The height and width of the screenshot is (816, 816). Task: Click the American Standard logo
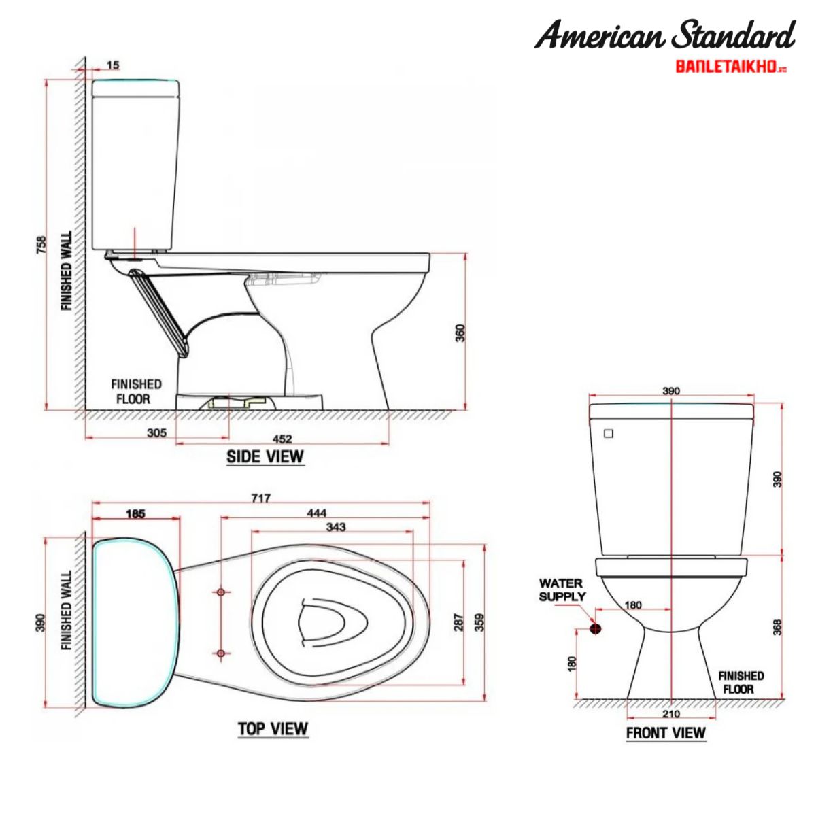(664, 35)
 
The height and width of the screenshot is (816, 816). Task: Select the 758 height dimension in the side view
(41, 245)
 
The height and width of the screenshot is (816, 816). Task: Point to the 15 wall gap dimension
(113, 65)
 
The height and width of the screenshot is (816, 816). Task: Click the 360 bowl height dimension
(460, 333)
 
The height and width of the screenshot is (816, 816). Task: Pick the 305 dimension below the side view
(156, 432)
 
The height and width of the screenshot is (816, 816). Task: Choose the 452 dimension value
(282, 439)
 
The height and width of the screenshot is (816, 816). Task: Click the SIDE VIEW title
(265, 456)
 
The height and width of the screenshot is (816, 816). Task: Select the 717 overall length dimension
(261, 498)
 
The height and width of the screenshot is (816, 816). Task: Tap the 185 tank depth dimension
(135, 514)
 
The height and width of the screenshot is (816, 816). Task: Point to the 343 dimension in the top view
(336, 526)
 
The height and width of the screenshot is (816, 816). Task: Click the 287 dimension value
(460, 622)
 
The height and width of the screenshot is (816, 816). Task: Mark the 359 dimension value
(480, 622)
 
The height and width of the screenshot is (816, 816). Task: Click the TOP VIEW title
(273, 729)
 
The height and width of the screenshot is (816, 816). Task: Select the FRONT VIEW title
(666, 733)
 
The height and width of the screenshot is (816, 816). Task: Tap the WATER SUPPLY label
(562, 590)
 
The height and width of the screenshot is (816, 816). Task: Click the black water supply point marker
(596, 629)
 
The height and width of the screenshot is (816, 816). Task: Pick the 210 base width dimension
(670, 714)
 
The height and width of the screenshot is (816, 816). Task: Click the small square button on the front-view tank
(609, 433)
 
